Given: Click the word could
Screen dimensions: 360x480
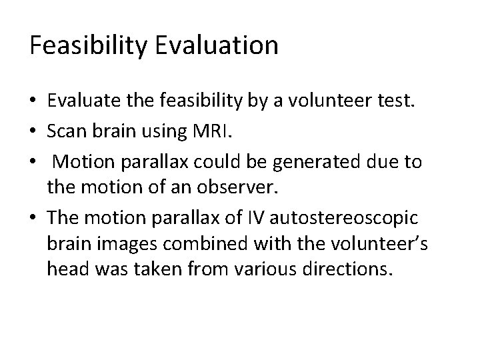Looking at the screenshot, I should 225,163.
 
